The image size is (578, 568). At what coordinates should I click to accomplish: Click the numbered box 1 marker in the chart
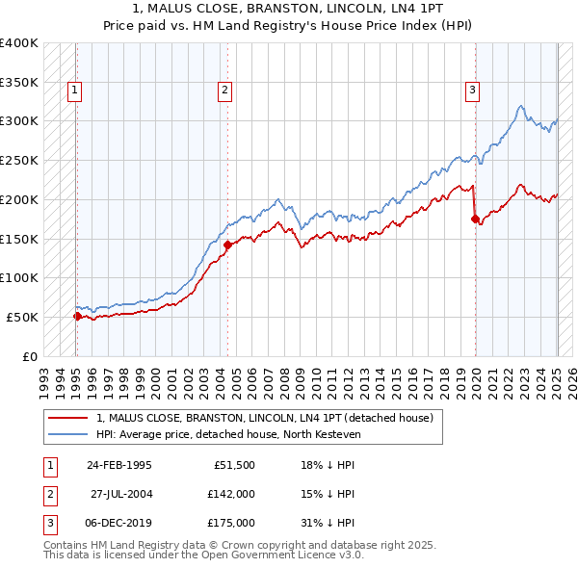[x=74, y=91]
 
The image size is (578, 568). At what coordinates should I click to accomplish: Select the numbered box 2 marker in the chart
[x=224, y=91]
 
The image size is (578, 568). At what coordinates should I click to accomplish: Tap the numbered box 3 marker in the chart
[x=473, y=91]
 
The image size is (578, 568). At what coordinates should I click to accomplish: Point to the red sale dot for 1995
[x=77, y=316]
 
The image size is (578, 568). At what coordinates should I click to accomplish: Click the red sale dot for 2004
[x=227, y=245]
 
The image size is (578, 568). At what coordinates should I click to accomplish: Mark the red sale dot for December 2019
[x=475, y=219]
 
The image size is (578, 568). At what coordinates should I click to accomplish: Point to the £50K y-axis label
[x=23, y=317]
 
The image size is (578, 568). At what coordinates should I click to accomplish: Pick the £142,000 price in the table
[x=231, y=494]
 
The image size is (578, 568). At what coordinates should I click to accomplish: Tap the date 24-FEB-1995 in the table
[x=119, y=465]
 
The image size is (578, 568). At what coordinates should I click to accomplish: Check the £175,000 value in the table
[x=231, y=523]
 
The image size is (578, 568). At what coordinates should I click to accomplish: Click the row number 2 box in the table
[x=49, y=494]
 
